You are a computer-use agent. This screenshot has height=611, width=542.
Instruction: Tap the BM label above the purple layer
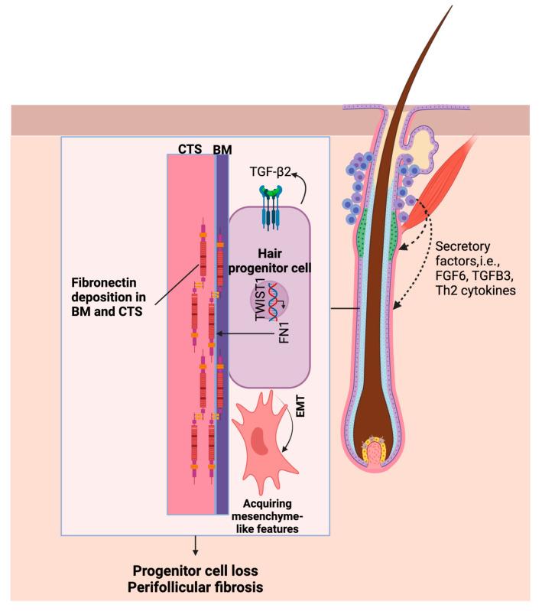click(222, 150)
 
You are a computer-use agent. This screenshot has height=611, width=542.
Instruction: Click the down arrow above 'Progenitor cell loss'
click(196, 544)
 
